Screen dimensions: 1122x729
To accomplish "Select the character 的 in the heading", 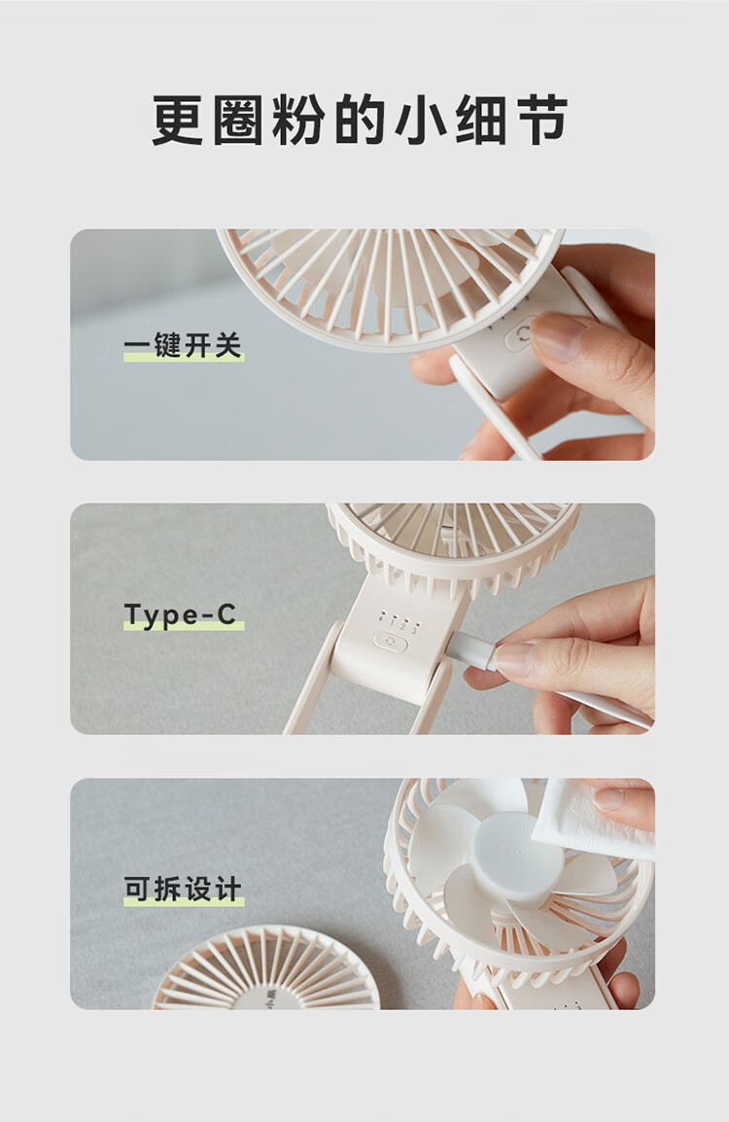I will point(362,121).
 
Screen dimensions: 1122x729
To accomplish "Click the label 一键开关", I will point(183,345).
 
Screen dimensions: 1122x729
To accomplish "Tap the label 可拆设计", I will point(183,890).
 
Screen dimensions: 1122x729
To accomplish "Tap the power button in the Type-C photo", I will point(390,642).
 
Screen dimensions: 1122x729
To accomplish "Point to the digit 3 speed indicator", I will point(414,630).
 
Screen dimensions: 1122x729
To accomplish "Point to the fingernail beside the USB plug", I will point(512,661).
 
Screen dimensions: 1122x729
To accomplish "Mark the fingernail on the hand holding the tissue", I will point(610,798).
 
